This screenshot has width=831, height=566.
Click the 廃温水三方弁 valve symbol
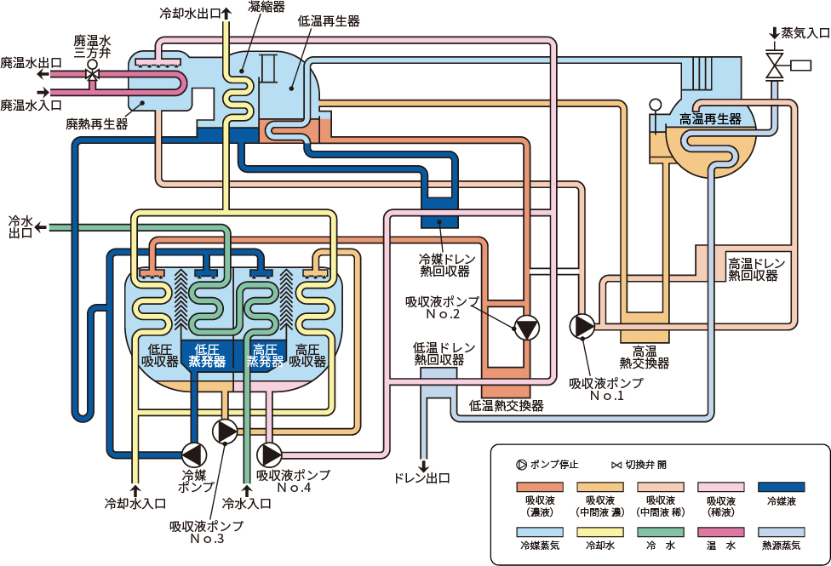pos(93,72)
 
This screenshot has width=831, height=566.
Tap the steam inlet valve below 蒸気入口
pos(775,65)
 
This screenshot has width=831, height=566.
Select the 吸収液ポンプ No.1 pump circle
pos(582,326)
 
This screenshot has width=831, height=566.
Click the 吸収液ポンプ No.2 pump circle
pos(527,328)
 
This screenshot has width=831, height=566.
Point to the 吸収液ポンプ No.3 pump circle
pos(226,432)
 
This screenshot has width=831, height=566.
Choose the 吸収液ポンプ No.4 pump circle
pos(269,455)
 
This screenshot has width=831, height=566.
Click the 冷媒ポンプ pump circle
pos(194,455)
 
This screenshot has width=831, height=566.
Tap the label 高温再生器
pos(710,119)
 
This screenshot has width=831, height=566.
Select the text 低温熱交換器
pos(506,406)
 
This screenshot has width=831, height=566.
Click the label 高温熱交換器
pos(645,357)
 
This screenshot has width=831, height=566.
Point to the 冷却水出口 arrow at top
pos(226,13)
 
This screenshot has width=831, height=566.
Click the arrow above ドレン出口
pos(423,466)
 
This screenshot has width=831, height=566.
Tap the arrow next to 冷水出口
pos(41,228)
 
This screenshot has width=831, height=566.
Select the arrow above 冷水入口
pos(246,489)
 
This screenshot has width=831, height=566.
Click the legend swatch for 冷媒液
pos(781,487)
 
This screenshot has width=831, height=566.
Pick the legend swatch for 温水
pos(721,532)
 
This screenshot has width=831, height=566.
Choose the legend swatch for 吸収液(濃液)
pos(540,487)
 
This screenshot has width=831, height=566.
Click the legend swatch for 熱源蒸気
pos(781,532)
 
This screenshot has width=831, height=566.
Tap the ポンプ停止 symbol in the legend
pos(521,465)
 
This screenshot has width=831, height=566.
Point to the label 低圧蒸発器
pos(207,356)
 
